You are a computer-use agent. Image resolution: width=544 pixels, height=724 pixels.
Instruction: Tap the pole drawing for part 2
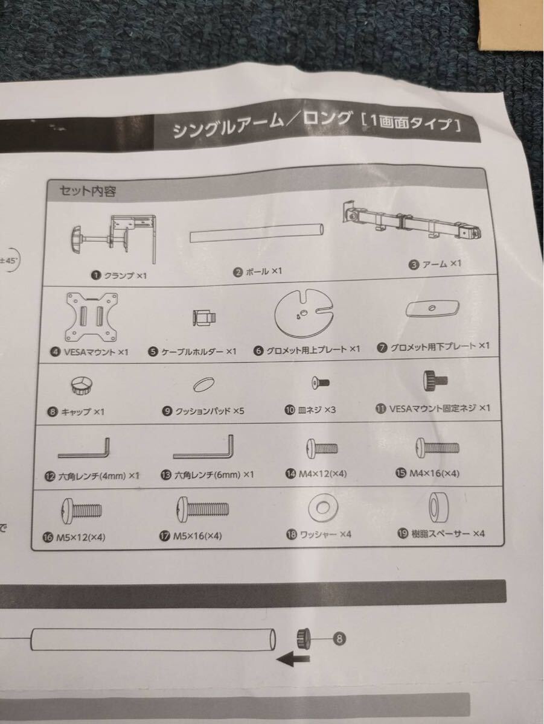pyautogui.click(x=257, y=233)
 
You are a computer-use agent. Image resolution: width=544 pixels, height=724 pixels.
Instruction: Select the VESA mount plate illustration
pyautogui.click(x=92, y=317)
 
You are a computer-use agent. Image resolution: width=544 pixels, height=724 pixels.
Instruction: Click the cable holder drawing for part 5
pyautogui.click(x=204, y=317)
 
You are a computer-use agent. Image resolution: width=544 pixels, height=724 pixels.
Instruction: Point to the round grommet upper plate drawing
pyautogui.click(x=304, y=313)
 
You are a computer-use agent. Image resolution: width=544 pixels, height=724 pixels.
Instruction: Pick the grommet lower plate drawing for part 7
pyautogui.click(x=432, y=309)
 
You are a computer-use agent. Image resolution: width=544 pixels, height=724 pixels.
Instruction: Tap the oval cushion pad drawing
pyautogui.click(x=203, y=384)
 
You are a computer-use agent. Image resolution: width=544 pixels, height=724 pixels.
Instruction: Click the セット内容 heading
pyautogui.click(x=88, y=191)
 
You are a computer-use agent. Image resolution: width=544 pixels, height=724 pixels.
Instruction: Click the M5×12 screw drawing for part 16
pyautogui.click(x=82, y=511)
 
